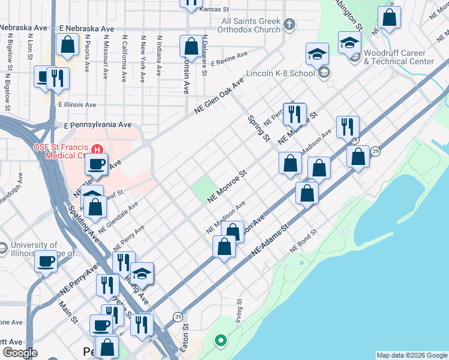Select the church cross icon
tap(290, 25)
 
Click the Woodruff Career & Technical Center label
tap(399, 58)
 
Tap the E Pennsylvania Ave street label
tap(97, 125)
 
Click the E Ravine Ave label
tap(229, 54)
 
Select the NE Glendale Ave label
tap(118, 217)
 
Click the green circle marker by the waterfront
tap(220, 341)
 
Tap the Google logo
tap(20, 353)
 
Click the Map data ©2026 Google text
tap(412, 355)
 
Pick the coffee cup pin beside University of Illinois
tap(46, 262)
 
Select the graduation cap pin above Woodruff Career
tap(349, 42)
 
